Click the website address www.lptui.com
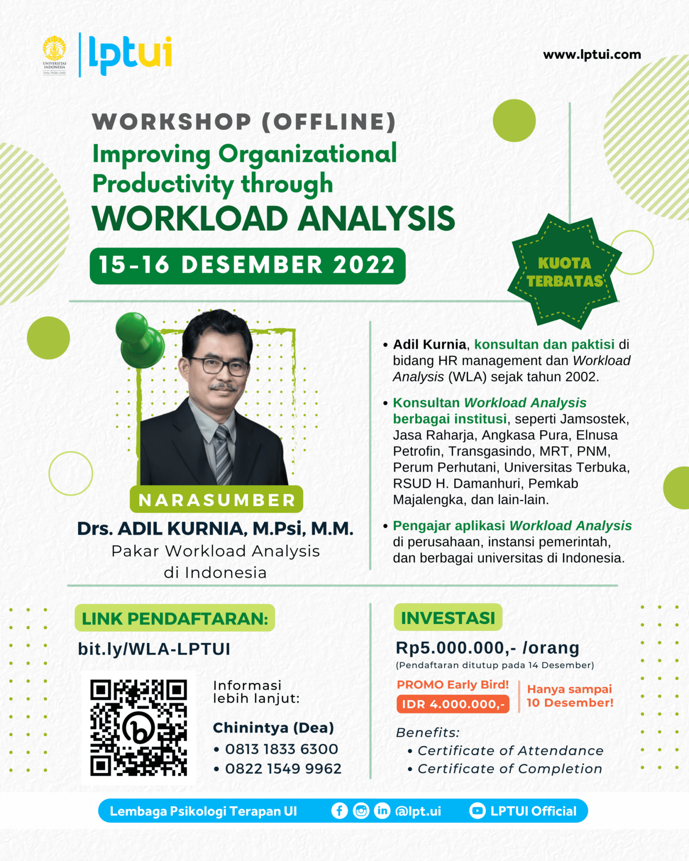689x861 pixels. [592, 55]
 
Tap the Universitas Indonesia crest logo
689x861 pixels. [54, 55]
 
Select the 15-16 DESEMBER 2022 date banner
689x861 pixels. [247, 266]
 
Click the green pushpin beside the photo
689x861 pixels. [140, 340]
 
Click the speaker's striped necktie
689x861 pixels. [223, 454]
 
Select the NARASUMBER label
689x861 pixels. [217, 499]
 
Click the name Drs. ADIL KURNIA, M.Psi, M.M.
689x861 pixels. [215, 528]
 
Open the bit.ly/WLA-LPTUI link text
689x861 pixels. [154, 649]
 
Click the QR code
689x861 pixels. [138, 728]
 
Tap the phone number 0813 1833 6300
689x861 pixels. [281, 749]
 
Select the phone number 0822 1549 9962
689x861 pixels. [283, 769]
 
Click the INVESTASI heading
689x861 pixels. [448, 618]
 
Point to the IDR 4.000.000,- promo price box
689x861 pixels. [453, 704]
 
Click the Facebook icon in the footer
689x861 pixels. [339, 811]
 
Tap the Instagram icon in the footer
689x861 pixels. [361, 811]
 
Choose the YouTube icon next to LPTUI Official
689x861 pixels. [477, 811]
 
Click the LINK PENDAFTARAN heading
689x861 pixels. [175, 618]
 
